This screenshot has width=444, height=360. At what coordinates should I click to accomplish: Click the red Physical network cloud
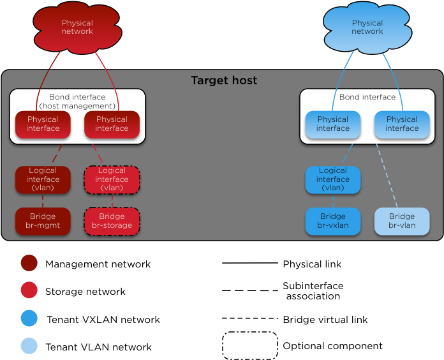coord(77,28)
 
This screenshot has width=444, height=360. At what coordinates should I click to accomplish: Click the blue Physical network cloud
coord(367,28)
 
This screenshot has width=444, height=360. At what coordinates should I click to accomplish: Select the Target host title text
coord(224,81)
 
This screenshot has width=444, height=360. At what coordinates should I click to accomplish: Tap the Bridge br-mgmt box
coord(43,221)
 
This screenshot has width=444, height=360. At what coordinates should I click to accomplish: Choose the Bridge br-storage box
coord(112,221)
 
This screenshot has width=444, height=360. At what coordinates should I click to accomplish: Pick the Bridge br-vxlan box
coord(332,221)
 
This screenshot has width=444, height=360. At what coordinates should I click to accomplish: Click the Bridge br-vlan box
coord(401,221)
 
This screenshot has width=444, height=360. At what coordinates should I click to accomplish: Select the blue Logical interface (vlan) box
coord(332,179)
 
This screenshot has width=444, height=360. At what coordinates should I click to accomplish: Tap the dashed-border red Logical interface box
coord(112,179)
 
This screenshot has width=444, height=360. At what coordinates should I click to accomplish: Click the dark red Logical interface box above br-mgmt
coord(43,179)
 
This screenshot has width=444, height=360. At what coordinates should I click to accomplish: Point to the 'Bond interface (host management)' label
coord(77,101)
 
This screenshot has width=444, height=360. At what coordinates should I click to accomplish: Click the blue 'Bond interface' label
coord(367,97)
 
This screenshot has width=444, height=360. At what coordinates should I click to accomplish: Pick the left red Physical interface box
coord(43,124)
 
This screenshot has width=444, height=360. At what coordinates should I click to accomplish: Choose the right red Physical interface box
coord(112,124)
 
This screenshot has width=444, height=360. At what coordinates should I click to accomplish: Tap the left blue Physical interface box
coord(332,124)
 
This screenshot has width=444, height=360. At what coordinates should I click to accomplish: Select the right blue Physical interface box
coord(401,124)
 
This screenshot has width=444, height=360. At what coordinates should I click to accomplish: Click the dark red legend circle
coord(29,263)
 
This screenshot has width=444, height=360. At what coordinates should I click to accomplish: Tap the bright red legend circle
coord(29,290)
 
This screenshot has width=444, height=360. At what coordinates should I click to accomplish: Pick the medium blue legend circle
coord(29,318)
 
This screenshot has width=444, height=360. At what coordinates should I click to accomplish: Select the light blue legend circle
coord(29,346)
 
